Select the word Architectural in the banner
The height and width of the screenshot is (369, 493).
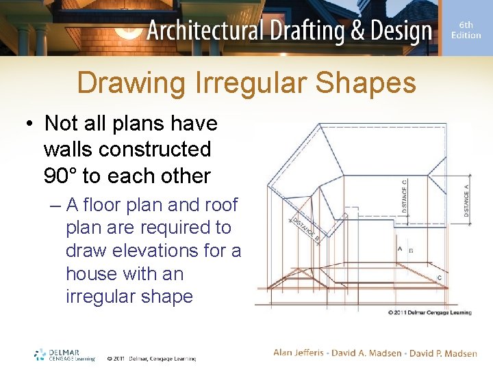205,31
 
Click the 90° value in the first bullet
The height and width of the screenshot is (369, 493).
60,176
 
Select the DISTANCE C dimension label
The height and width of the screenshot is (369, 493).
405,197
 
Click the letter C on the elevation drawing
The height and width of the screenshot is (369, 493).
439,277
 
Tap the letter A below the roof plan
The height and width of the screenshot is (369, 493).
399,249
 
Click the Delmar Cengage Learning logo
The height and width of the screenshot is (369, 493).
64,355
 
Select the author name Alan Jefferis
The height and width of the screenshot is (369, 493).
299,353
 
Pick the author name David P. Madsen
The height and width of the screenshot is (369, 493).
443,353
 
